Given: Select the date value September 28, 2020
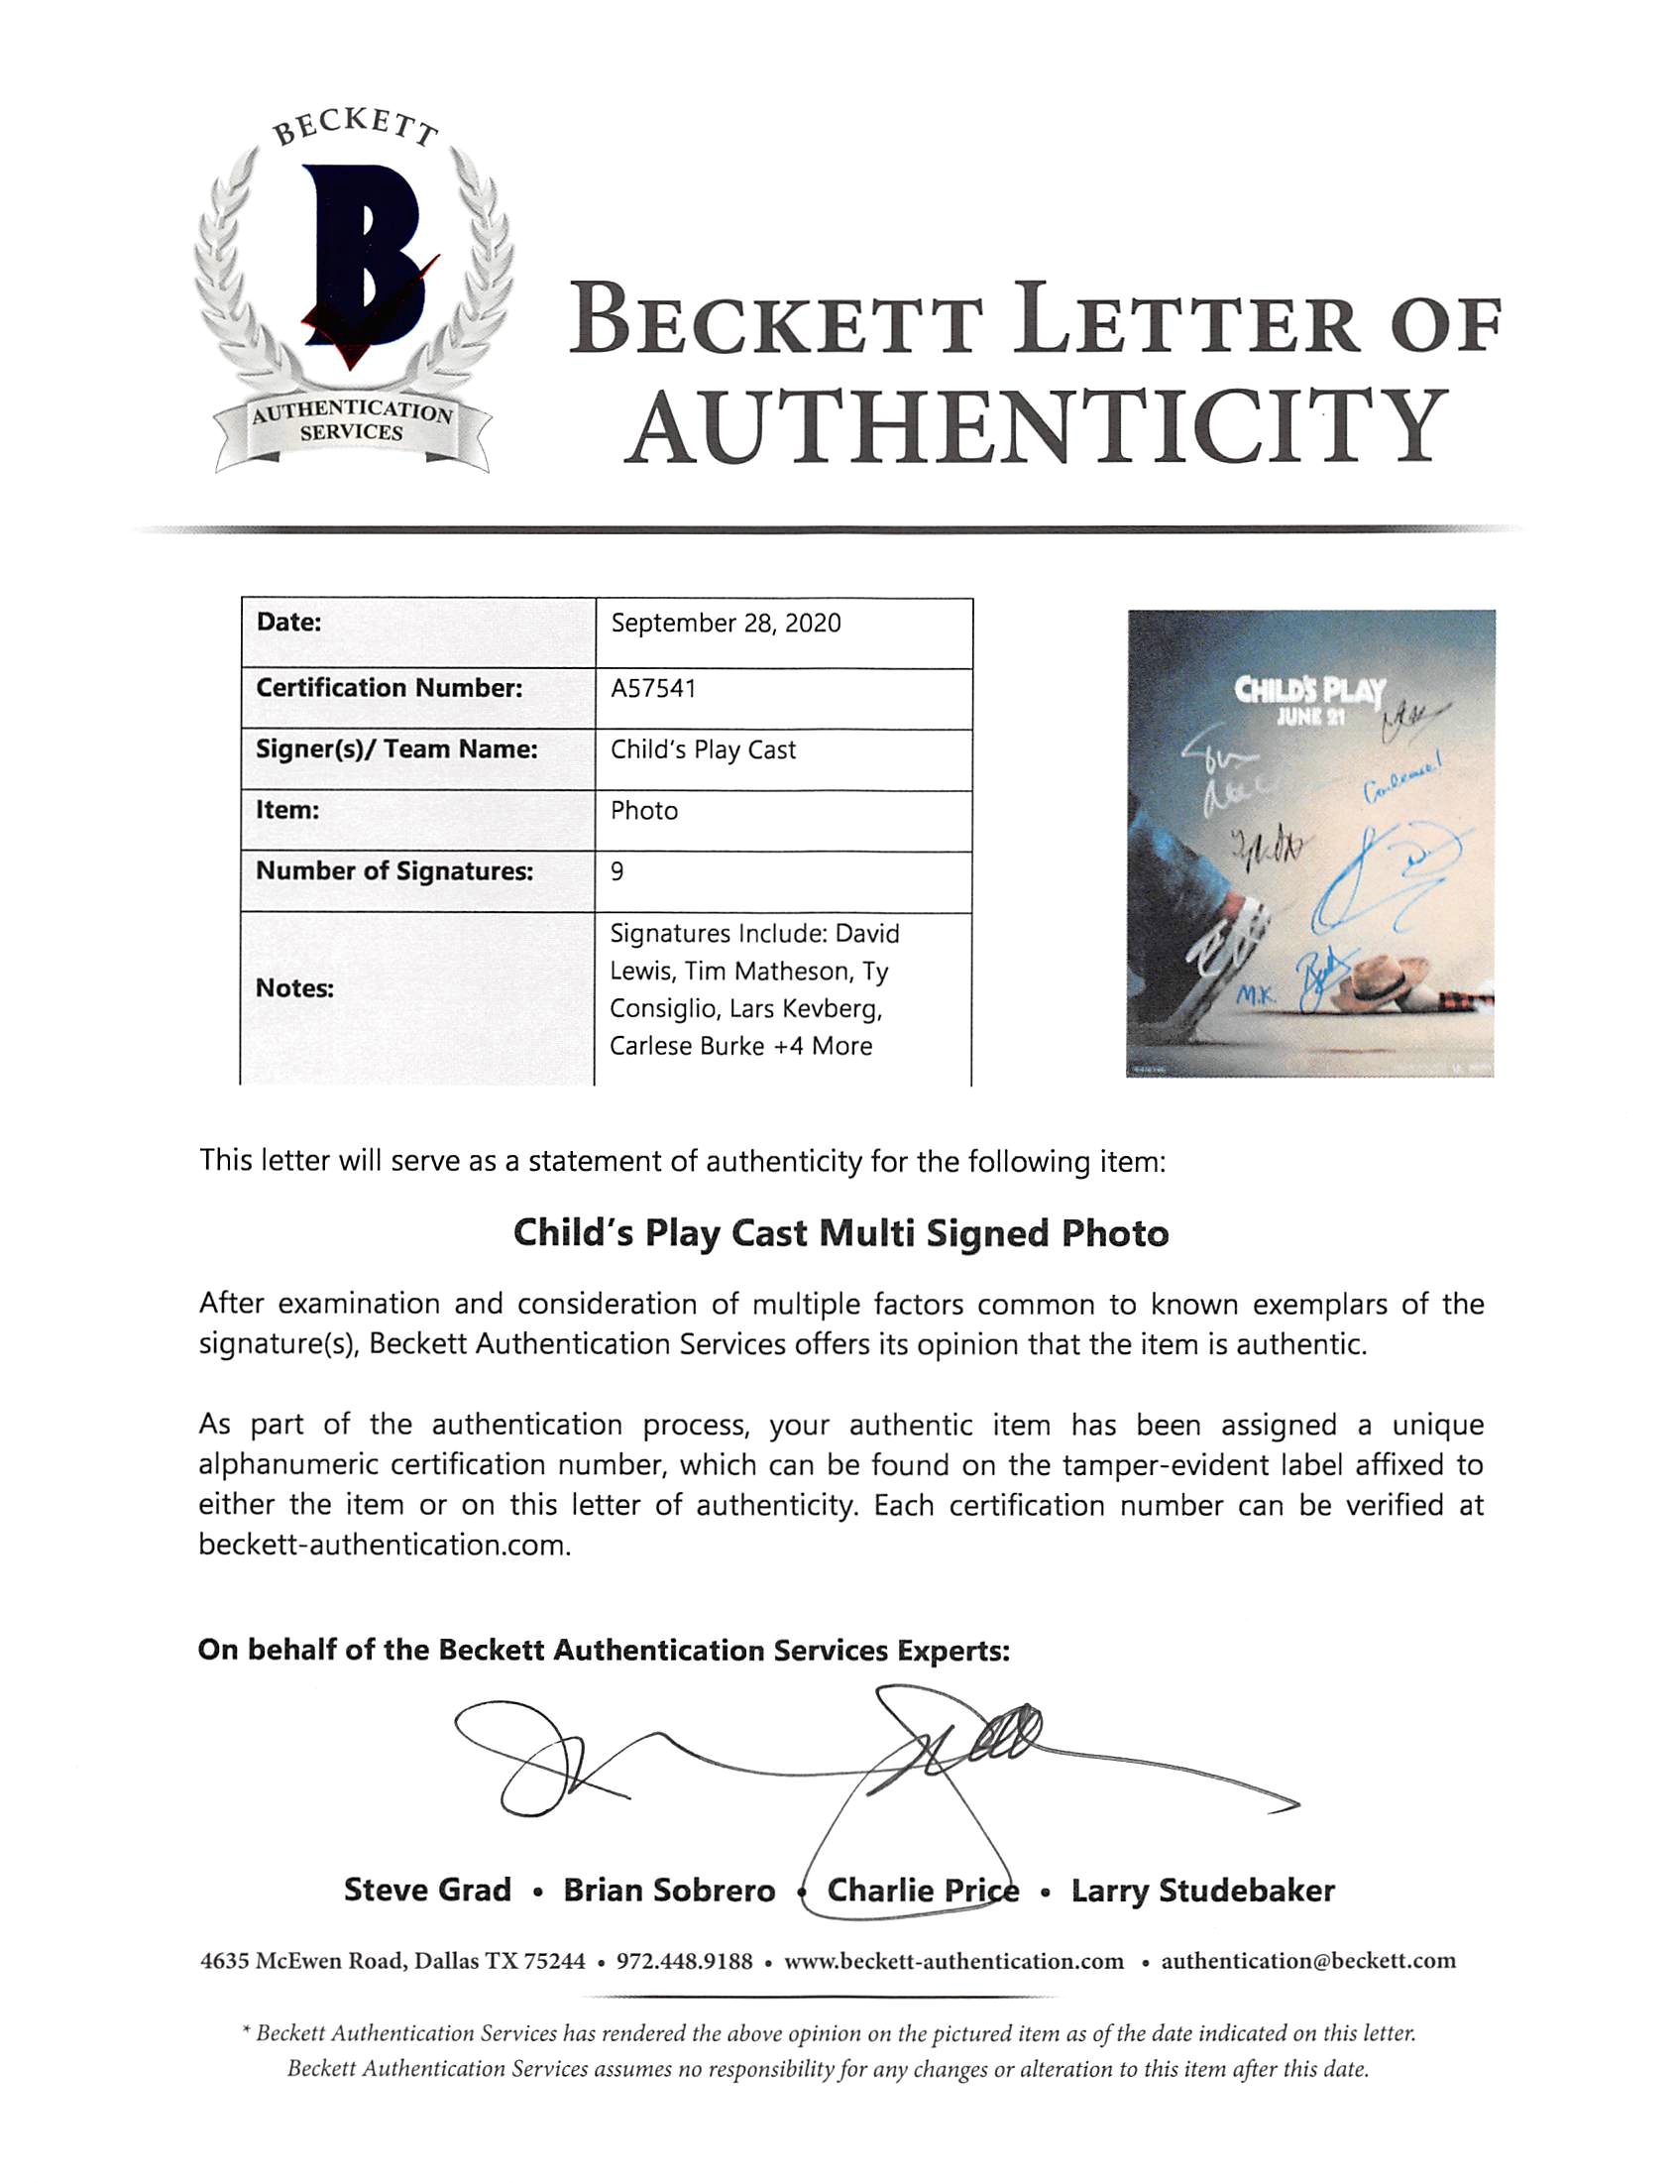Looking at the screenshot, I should coord(727,624).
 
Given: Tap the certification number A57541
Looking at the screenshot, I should coord(653,688).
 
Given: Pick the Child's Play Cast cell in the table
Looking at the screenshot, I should coord(703,750).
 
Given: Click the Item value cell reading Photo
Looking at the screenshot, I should coord(644,810).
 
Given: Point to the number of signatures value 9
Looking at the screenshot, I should coord(617,871).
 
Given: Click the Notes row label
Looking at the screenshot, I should coord(294,988).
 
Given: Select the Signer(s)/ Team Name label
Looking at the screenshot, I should coord(396,749).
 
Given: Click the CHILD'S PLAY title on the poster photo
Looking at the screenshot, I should coord(1309,691).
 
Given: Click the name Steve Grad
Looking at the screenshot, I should coord(427,1891).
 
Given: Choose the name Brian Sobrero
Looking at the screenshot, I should coord(669,1891).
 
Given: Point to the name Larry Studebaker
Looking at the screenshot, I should coord(1202,1891).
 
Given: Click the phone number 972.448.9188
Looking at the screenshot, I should coord(684,1961).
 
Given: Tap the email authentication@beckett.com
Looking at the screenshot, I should coord(1308,1961).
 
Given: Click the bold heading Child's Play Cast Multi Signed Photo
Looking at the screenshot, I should coord(840,1234).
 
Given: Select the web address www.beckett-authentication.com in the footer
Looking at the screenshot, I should coord(953,1961).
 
